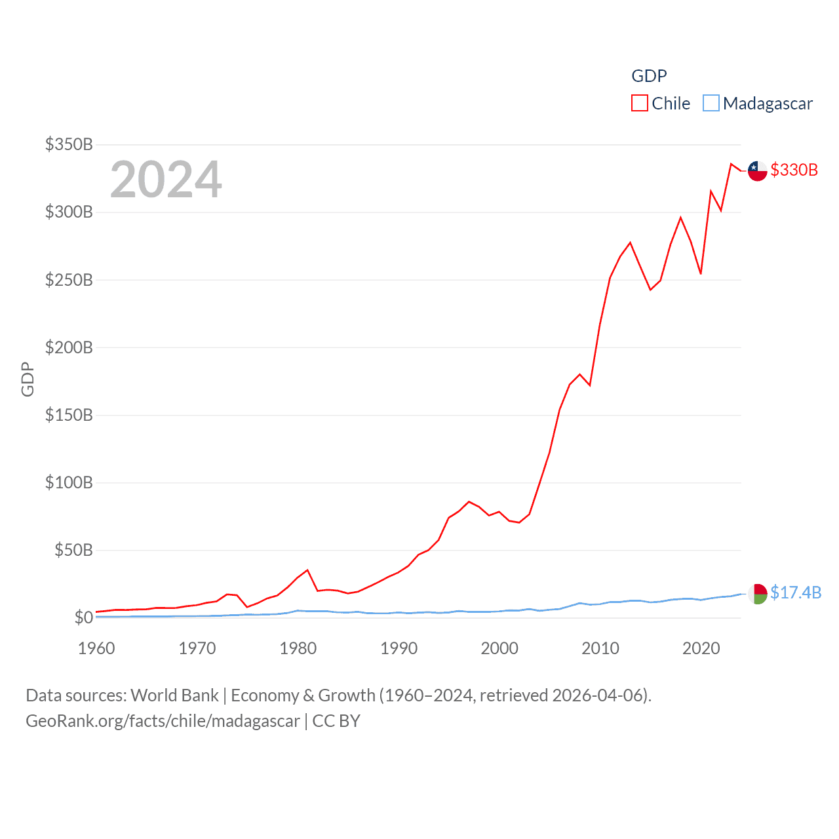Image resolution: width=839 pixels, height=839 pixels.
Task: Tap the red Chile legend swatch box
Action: point(639,104)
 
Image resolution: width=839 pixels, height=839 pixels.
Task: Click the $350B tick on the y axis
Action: point(69,144)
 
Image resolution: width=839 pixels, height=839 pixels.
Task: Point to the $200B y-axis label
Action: point(69,347)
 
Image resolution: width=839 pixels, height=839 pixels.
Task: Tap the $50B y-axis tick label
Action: point(73,550)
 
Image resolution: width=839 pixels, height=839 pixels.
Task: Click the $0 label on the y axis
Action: point(83,617)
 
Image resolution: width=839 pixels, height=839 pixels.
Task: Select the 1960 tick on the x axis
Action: point(96,648)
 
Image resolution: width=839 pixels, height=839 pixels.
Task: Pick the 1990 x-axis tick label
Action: point(399,648)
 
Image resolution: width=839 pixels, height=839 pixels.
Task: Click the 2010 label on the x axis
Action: point(600,648)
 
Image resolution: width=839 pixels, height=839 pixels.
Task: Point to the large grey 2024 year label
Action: point(166,180)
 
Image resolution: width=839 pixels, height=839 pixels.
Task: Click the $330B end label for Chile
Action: point(794,170)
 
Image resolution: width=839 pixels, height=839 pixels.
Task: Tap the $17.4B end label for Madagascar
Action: point(796,593)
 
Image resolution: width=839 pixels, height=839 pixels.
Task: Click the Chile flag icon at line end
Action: point(757,170)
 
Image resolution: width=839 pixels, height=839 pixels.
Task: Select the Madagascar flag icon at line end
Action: point(757,593)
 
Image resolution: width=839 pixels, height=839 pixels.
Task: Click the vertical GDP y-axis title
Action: point(28,379)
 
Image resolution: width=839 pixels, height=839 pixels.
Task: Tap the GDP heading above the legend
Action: point(649,76)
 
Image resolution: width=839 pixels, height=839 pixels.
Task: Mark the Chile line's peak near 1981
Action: point(307,570)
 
